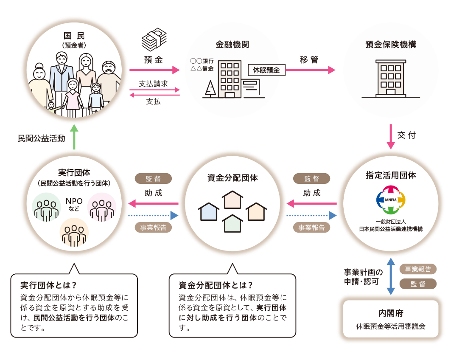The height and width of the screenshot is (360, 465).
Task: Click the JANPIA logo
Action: pyautogui.click(x=391, y=200)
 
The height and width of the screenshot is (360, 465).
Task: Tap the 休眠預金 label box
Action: pyautogui.click(x=266, y=70)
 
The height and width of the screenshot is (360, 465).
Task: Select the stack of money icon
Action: pyautogui.click(x=154, y=41)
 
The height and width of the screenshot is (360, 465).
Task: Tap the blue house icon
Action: pyautogui.click(x=209, y=211)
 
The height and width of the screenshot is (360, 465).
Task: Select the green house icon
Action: pyautogui.click(x=232, y=224)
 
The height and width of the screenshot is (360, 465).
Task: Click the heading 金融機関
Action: pyautogui.click(x=232, y=44)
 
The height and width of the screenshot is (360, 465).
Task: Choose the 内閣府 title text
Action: pyautogui.click(x=390, y=313)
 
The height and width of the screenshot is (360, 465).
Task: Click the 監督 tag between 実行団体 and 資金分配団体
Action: pyautogui.click(x=153, y=178)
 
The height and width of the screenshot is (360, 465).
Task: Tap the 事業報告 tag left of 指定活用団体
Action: pyautogui.click(x=311, y=228)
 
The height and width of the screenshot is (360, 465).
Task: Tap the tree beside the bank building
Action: pyautogui.click(x=210, y=89)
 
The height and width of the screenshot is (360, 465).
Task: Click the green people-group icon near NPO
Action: pyautogui.click(x=46, y=207)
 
